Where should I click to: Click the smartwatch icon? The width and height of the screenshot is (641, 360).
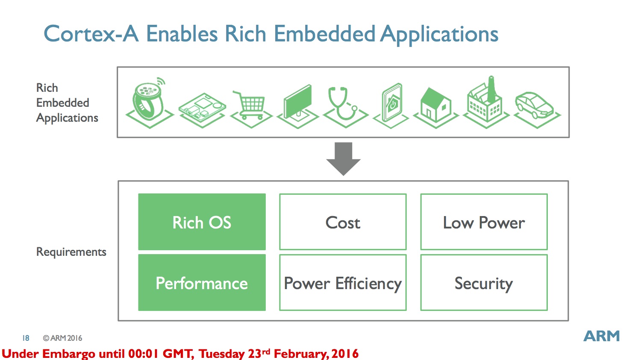click(150, 102)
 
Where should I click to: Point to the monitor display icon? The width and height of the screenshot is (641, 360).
click(297, 106)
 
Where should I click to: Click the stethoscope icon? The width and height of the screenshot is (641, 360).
click(345, 107)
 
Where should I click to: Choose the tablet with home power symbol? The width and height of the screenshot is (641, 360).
click(391, 105)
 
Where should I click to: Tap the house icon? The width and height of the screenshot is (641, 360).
click(435, 108)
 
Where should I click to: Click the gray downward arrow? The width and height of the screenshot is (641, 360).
click(344, 159)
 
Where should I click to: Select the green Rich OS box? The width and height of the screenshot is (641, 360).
click(202, 222)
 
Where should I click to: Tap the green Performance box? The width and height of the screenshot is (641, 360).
click(202, 283)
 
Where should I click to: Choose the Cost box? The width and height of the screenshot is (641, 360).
click(343, 222)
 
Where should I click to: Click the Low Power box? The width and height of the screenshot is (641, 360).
click(484, 222)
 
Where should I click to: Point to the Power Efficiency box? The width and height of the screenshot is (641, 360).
click(343, 283)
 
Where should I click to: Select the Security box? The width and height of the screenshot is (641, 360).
click(484, 283)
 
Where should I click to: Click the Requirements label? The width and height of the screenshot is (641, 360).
click(71, 252)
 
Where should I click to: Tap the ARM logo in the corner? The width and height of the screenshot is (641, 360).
click(602, 336)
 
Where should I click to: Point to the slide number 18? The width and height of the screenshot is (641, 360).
click(26, 338)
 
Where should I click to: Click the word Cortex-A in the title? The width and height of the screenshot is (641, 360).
click(91, 34)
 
